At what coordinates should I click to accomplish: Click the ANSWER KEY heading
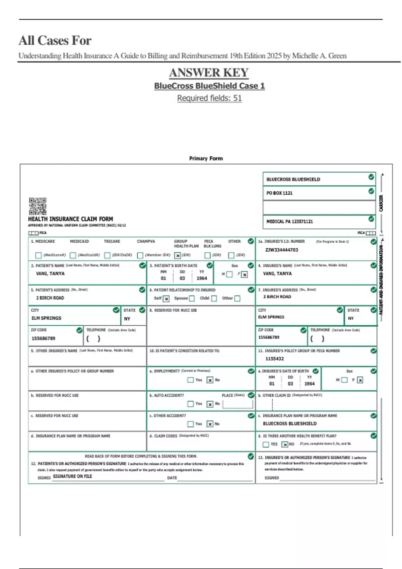click(209, 73)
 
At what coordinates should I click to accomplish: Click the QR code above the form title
click(38, 206)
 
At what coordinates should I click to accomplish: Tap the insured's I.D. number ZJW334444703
click(281, 250)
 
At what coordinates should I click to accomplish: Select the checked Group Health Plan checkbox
click(178, 256)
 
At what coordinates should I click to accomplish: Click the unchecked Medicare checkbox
click(38, 255)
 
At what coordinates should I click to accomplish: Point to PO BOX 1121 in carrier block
click(279, 193)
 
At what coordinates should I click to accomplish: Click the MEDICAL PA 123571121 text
click(289, 222)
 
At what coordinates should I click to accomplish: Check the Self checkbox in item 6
click(166, 299)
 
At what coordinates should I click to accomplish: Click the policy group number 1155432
click(274, 359)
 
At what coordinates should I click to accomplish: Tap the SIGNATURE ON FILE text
click(72, 476)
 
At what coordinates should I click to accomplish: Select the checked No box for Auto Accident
click(210, 404)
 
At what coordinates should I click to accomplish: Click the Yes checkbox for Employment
click(190, 380)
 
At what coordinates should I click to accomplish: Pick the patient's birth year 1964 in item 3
click(202, 278)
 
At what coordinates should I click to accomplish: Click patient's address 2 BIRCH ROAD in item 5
click(50, 298)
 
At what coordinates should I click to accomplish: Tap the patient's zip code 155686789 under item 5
click(43, 338)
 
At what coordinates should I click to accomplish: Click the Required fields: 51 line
click(209, 98)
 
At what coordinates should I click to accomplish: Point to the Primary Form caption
click(206, 158)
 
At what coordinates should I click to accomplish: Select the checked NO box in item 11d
click(285, 444)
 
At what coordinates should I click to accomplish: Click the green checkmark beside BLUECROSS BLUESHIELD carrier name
click(371, 177)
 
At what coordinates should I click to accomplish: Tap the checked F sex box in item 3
click(245, 275)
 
